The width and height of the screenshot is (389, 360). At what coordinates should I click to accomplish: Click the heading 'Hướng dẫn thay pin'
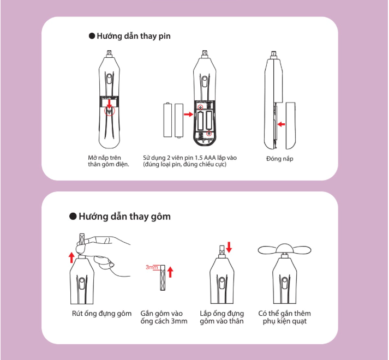click(x=134, y=36)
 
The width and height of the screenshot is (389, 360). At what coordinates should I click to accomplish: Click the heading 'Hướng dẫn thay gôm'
click(x=124, y=217)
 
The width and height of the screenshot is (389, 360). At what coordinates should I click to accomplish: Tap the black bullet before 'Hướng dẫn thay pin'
click(x=92, y=36)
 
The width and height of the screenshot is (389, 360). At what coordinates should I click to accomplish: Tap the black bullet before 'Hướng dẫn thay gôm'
click(x=73, y=217)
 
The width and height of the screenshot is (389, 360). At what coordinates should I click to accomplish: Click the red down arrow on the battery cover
click(x=109, y=104)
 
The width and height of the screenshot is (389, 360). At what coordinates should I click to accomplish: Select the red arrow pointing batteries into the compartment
click(x=189, y=114)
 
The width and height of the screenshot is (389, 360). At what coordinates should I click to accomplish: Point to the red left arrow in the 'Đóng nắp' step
click(x=281, y=124)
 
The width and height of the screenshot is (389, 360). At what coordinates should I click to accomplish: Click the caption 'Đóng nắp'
click(x=279, y=159)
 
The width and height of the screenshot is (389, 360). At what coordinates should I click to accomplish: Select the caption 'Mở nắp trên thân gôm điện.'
click(x=109, y=161)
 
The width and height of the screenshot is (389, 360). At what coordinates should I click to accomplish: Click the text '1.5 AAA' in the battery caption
click(x=205, y=158)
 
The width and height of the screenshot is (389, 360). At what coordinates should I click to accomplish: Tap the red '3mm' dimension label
click(x=152, y=267)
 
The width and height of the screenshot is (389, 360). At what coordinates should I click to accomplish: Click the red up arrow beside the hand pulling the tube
click(x=71, y=257)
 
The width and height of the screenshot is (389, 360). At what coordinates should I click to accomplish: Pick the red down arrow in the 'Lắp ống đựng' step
click(x=229, y=247)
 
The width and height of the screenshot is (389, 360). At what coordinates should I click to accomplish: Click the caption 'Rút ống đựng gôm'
click(x=101, y=314)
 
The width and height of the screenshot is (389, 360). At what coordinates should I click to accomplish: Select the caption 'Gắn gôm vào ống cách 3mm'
click(x=164, y=317)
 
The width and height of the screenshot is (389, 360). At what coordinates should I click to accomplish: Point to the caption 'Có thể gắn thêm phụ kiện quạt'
click(x=285, y=317)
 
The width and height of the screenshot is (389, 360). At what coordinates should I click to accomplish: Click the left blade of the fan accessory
click(x=267, y=250)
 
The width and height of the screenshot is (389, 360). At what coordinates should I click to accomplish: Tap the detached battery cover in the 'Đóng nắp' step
click(x=291, y=125)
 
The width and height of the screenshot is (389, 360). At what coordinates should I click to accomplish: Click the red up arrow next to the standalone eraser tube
click(x=170, y=272)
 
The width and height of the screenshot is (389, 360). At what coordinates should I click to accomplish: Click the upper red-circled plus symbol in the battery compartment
click(x=200, y=107)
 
